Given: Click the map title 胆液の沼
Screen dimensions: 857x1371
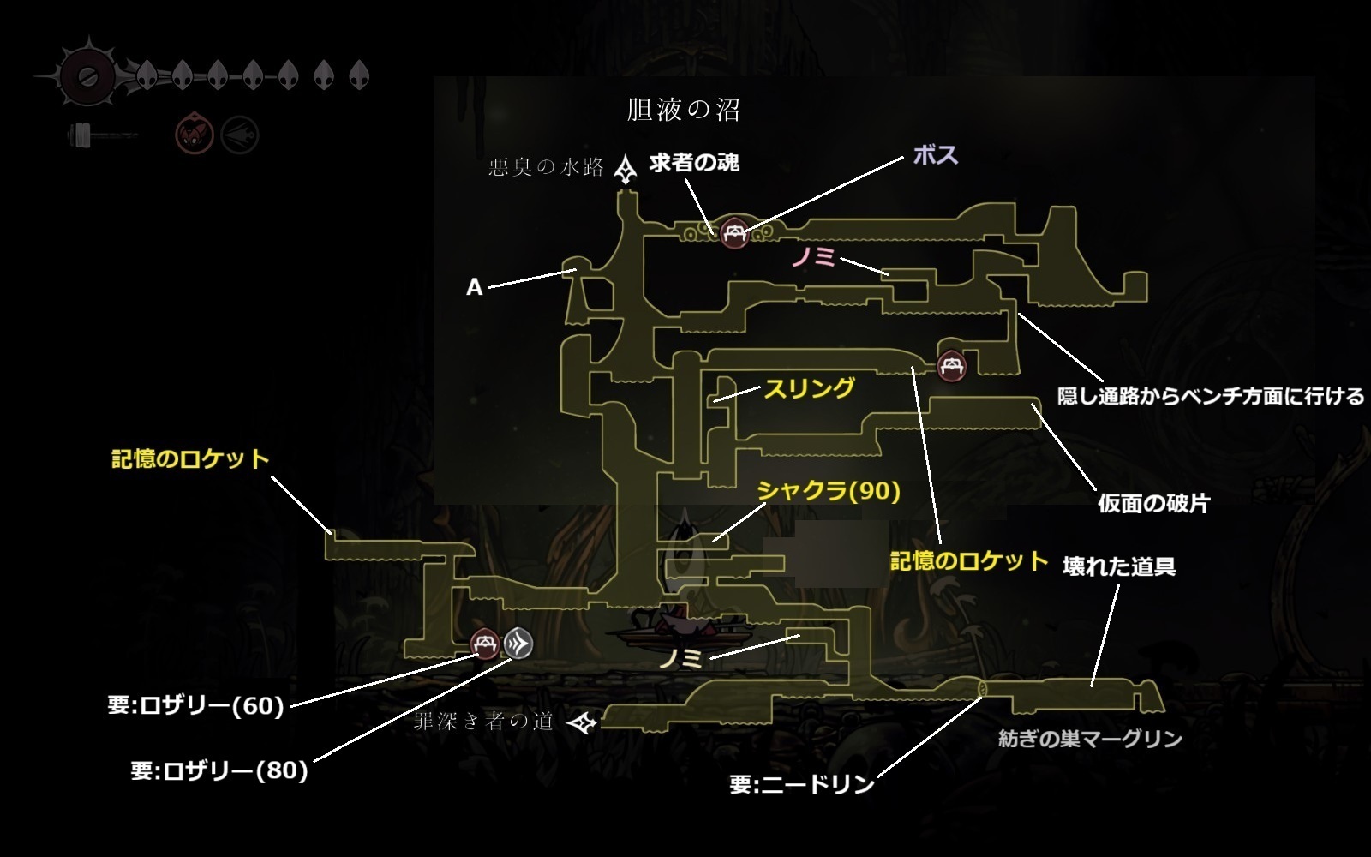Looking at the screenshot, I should pyautogui.click(x=683, y=111).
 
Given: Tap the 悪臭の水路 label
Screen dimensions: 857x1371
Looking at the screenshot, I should pyautogui.click(x=546, y=167).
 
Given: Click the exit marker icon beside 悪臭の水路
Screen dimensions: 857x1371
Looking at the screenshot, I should pyautogui.click(x=627, y=169).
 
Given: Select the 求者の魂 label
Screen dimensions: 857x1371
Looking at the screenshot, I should pyautogui.click(x=694, y=163).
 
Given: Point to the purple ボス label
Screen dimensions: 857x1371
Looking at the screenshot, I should pyautogui.click(x=936, y=155).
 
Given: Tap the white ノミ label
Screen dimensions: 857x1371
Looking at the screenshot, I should pyautogui.click(x=681, y=659).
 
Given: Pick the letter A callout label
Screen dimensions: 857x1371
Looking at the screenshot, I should pyautogui.click(x=474, y=288).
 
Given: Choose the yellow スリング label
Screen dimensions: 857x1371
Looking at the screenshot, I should pyautogui.click(x=809, y=388).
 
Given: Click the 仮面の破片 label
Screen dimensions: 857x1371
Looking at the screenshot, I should pyautogui.click(x=1153, y=503).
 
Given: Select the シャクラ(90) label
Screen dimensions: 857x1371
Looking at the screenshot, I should pyautogui.click(x=829, y=491).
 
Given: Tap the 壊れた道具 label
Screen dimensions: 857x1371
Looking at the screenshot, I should pyautogui.click(x=1118, y=566).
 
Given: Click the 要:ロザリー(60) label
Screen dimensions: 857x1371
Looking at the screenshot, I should pyautogui.click(x=196, y=706).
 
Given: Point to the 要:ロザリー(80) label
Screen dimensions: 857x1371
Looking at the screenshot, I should pyautogui.click(x=219, y=770).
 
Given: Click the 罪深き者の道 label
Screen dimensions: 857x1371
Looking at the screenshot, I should pyautogui.click(x=484, y=722).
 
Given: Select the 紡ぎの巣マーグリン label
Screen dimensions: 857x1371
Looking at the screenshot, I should pyautogui.click(x=1090, y=739).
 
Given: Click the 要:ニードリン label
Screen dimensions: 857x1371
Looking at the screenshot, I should pyautogui.click(x=802, y=784).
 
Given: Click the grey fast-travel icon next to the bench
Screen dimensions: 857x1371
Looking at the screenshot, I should pyautogui.click(x=518, y=644).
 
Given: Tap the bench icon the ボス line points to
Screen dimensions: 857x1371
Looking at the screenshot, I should pyautogui.click(x=734, y=232).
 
